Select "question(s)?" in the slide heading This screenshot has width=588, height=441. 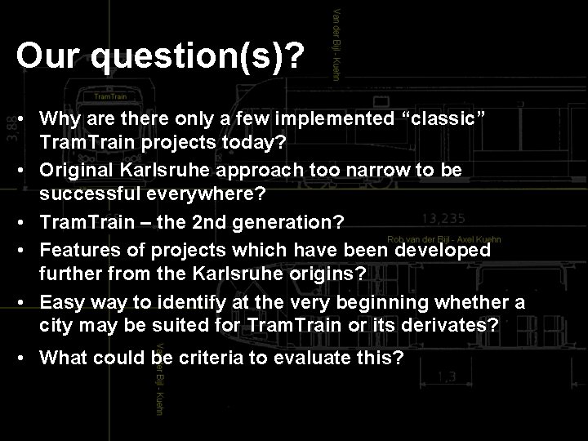(198, 57)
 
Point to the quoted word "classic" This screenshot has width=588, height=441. (440, 120)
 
